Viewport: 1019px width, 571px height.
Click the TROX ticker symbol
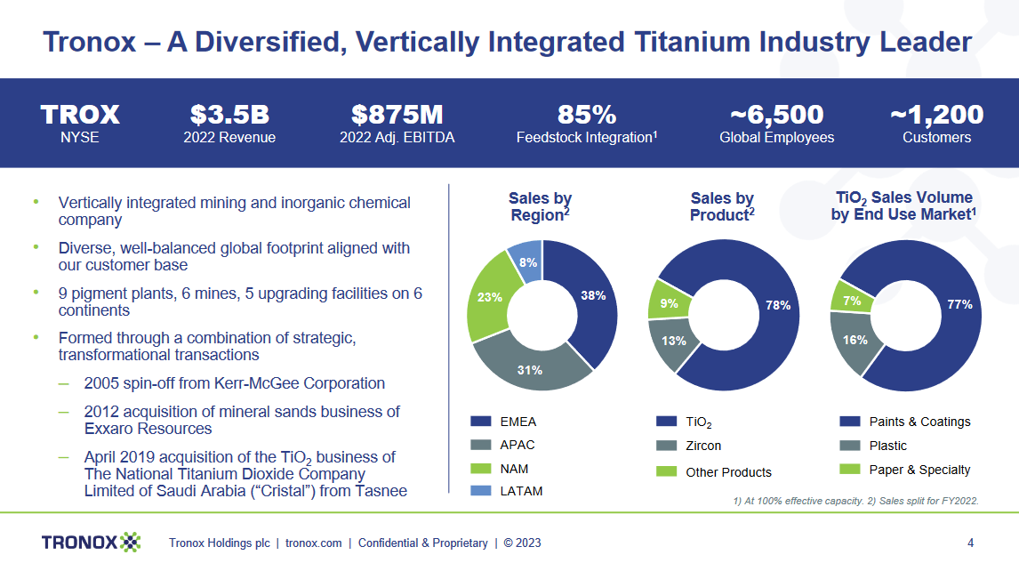(80, 115)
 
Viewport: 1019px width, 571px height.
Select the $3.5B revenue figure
(229, 115)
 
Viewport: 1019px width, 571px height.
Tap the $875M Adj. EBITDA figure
(397, 115)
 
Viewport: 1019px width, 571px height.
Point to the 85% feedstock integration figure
(586, 115)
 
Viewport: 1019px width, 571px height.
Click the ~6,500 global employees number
(776, 115)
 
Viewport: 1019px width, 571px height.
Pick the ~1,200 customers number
(936, 115)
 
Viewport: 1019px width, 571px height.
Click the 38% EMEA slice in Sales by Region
(590, 297)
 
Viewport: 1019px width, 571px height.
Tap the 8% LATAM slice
(526, 261)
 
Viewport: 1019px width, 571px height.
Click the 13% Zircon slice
(673, 342)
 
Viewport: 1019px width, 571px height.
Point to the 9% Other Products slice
(670, 303)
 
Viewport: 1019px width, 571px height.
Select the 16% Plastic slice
(854, 340)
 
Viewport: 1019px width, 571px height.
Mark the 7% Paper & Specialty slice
(851, 301)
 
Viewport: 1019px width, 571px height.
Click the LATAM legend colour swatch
(480, 491)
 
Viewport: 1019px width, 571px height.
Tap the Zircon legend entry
(702, 446)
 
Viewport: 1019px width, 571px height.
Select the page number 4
(970, 543)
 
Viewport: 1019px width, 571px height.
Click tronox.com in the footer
(313, 543)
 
